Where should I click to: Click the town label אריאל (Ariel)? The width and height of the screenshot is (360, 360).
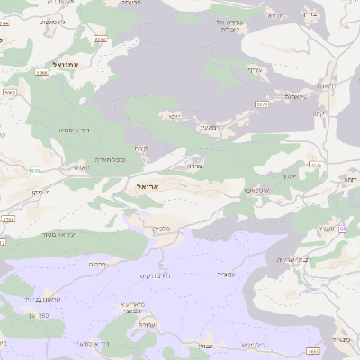(x=147, y=186)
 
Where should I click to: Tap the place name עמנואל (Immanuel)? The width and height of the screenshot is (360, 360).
(x=67, y=65)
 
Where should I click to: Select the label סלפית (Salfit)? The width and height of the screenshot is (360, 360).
(x=162, y=229)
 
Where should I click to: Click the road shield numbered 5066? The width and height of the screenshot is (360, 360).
(x=100, y=40)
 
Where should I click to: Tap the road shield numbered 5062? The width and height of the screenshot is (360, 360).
(x=10, y=92)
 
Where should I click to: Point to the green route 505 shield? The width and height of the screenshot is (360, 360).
(x=35, y=171)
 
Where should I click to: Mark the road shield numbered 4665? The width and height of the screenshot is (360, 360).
(x=313, y=351)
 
